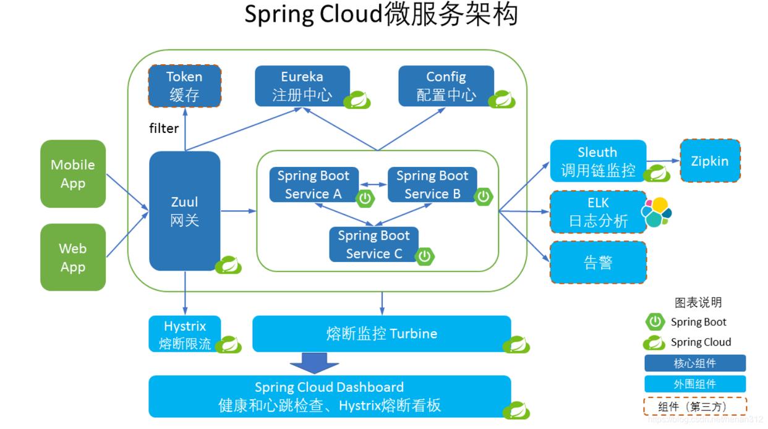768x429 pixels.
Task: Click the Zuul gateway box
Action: [184, 210]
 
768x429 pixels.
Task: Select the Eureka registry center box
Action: [302, 86]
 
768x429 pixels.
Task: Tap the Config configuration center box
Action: [446, 86]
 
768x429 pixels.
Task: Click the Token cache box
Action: [184, 86]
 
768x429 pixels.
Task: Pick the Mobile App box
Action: [73, 174]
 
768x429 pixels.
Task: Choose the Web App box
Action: [73, 257]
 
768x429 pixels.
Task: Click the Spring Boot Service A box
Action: [313, 184]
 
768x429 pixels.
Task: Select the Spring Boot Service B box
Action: [432, 184]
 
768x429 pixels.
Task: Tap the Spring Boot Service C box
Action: [373, 244]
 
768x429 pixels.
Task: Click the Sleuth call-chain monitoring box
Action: [597, 161]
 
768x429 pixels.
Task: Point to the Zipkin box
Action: [709, 161]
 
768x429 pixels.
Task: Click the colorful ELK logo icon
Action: [656, 212]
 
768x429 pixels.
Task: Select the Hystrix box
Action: [184, 334]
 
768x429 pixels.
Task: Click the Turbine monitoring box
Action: [382, 334]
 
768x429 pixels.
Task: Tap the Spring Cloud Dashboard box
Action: [330, 396]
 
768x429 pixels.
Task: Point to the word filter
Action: [164, 128]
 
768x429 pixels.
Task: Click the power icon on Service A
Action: [365, 198]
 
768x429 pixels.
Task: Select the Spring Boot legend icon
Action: [655, 321]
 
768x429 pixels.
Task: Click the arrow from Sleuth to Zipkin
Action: [663, 161]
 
